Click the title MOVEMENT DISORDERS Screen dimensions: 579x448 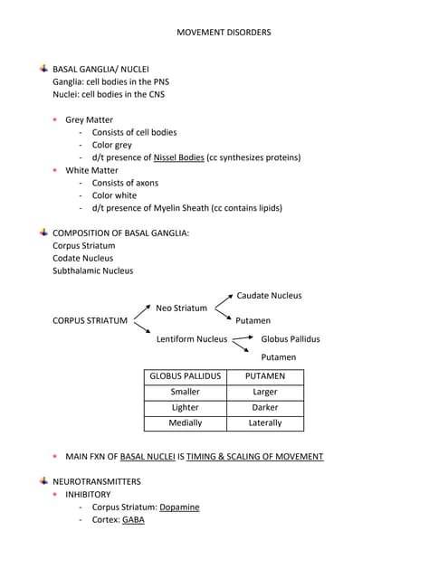[x=224, y=33]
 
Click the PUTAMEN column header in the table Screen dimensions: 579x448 [x=265, y=375]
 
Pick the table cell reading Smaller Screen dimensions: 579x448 [x=185, y=392]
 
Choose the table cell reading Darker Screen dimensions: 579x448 [x=265, y=407]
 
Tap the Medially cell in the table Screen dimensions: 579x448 [x=185, y=422]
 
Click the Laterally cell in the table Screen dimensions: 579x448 [x=265, y=422]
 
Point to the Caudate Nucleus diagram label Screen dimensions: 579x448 [x=269, y=295]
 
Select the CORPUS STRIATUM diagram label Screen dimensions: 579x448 [x=90, y=320]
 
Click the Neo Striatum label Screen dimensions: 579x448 [x=181, y=308]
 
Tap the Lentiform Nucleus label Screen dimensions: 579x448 [x=191, y=339]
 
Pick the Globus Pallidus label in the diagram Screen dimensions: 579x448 [x=290, y=339]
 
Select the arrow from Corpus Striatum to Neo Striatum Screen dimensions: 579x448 [x=141, y=312]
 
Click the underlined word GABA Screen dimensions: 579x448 [x=133, y=519]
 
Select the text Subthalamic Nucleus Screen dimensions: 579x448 [x=92, y=271]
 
